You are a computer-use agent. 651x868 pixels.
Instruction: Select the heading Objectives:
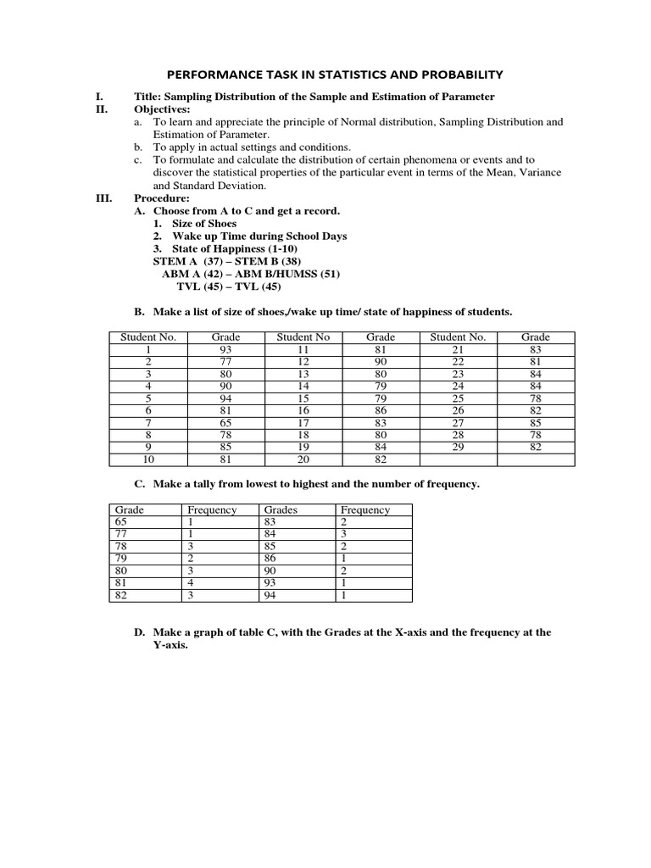[162, 109]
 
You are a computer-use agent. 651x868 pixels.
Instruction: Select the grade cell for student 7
[226, 422]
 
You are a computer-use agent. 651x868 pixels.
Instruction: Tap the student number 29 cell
[458, 447]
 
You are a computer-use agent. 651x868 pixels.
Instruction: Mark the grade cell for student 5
[226, 398]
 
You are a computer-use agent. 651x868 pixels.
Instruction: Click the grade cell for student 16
[381, 410]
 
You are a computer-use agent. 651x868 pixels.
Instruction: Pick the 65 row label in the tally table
[120, 522]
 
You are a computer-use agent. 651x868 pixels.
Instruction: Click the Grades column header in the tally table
[281, 510]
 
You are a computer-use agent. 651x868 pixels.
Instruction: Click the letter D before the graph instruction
[137, 632]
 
